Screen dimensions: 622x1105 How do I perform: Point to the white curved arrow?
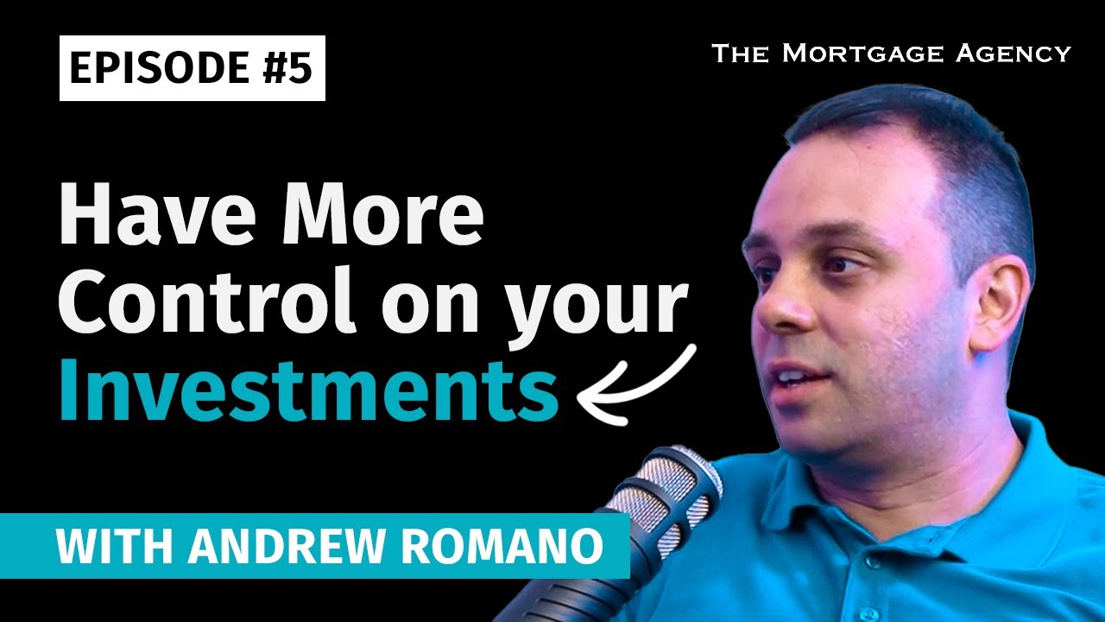click(x=639, y=384)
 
